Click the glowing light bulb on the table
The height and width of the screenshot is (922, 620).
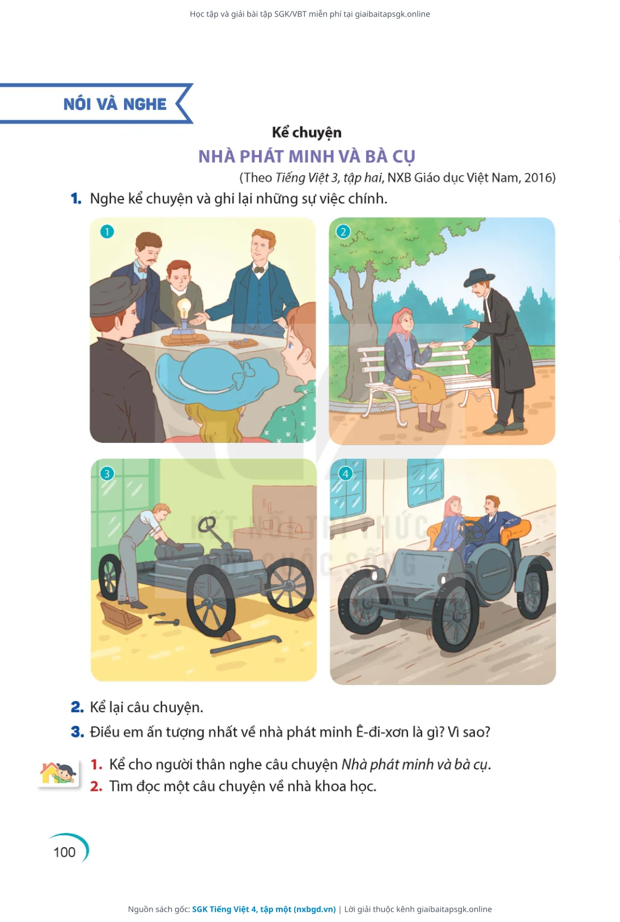(x=184, y=308)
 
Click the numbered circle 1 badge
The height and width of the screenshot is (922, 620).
(x=107, y=232)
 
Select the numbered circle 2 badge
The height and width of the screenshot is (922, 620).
(x=343, y=232)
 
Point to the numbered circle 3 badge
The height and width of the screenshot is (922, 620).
(x=107, y=473)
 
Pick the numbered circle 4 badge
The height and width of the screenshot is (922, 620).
(x=346, y=473)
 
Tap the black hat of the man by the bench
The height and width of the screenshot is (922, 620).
(x=479, y=277)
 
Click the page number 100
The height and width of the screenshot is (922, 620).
(x=65, y=852)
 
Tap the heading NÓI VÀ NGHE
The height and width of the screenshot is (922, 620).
(x=115, y=104)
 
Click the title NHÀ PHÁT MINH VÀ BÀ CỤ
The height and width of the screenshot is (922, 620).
(x=307, y=157)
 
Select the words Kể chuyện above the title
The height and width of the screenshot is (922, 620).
(x=307, y=133)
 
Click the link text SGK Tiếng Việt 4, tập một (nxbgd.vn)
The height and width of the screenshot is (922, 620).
(x=264, y=909)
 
